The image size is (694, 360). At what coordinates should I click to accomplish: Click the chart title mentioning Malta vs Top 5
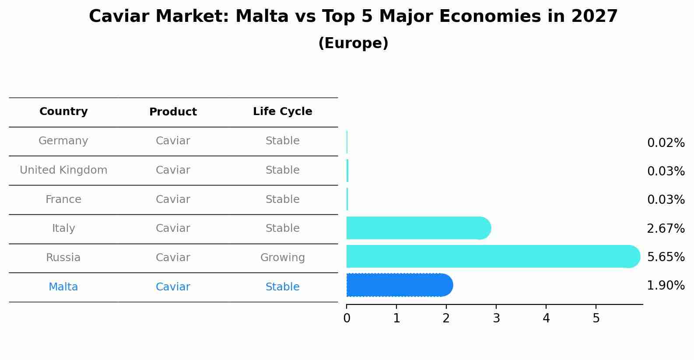click(x=353, y=17)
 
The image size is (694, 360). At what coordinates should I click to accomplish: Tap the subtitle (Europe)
click(x=353, y=43)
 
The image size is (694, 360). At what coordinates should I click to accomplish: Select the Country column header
click(x=63, y=112)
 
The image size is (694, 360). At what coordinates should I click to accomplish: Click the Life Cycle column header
click(x=282, y=112)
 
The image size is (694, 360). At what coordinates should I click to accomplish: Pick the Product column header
click(x=173, y=112)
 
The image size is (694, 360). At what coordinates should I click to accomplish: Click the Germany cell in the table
click(x=63, y=141)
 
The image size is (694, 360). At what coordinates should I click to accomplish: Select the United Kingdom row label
click(x=63, y=170)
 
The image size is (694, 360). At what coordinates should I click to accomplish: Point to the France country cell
click(x=63, y=199)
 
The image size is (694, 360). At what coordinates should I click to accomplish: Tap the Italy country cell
click(x=63, y=228)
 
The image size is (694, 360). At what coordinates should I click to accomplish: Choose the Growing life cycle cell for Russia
click(x=282, y=258)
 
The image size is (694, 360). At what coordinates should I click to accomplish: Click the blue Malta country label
click(x=63, y=287)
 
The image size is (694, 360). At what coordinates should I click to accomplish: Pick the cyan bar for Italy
click(x=416, y=228)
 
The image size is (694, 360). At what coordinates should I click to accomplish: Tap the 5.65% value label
click(x=666, y=257)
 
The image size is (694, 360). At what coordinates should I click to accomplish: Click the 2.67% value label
click(x=666, y=228)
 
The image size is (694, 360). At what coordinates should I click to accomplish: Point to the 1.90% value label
click(x=666, y=286)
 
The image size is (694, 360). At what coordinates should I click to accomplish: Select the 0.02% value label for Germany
click(x=666, y=143)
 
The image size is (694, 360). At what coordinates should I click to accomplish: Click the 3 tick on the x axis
click(x=496, y=318)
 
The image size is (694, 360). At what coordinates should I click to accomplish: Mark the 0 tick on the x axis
click(x=347, y=318)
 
